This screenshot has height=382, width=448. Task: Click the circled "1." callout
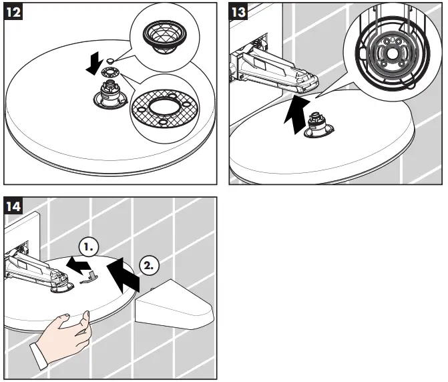pos(89,246)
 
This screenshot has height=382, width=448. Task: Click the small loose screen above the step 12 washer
pos(109,61)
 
